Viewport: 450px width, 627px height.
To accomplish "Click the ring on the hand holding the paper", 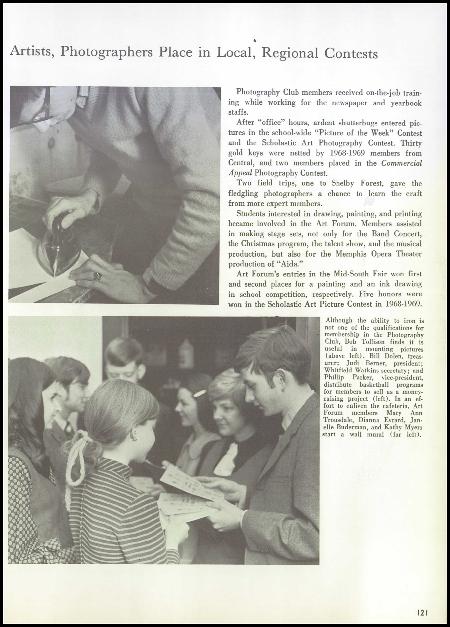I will [x=98, y=276].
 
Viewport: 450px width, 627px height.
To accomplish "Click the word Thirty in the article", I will [x=411, y=143].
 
